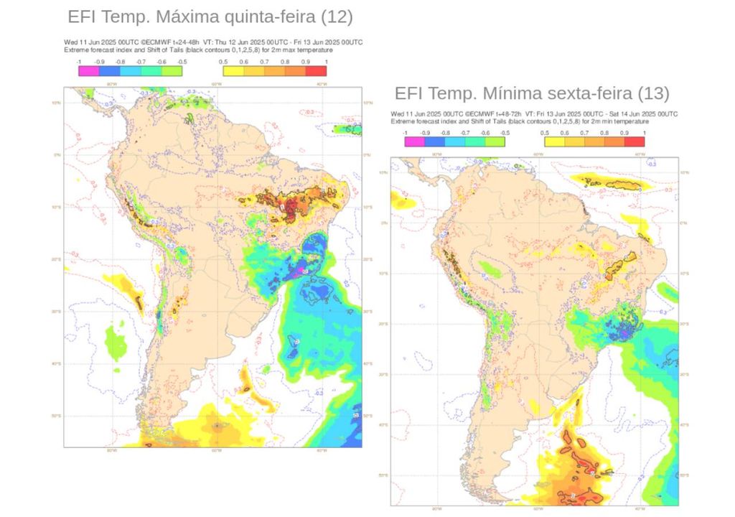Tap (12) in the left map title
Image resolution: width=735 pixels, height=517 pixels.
(337, 17)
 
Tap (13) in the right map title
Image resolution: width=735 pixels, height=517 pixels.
(652, 93)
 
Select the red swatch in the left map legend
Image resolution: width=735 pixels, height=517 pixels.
(317, 70)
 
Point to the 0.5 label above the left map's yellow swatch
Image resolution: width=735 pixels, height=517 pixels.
(224, 62)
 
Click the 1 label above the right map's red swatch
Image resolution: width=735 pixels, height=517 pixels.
(644, 134)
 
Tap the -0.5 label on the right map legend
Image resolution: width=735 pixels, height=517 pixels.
(505, 134)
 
